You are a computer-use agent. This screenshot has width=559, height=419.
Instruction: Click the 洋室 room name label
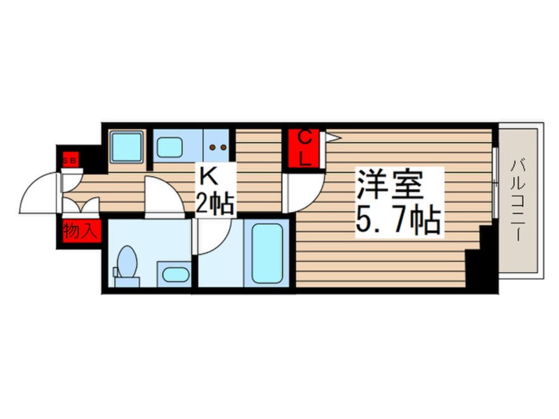point(390,184)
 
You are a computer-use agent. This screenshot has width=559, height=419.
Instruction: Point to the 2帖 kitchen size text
point(215,204)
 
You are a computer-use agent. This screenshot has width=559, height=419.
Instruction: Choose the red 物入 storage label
point(81,232)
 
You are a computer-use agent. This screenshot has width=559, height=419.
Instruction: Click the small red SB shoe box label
point(69,159)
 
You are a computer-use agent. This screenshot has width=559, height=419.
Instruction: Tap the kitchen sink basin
point(170,147)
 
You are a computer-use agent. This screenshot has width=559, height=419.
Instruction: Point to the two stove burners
point(218,147)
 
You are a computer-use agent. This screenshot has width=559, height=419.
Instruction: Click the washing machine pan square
point(127,146)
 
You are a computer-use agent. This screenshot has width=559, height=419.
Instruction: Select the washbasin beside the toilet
point(174,274)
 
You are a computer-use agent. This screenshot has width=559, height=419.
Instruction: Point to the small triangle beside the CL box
point(332,137)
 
